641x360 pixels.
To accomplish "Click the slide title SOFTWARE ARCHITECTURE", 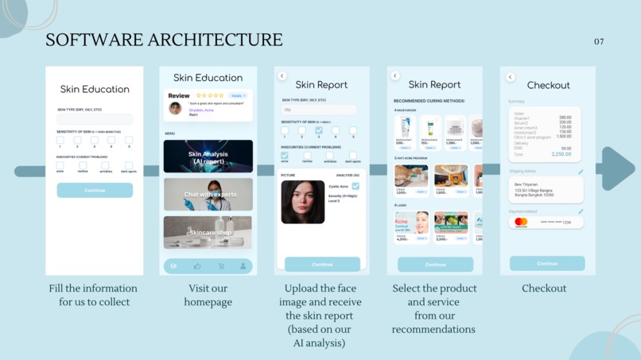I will (164, 40).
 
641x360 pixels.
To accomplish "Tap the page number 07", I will (599, 41).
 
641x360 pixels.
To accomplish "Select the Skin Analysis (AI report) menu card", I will (208, 157).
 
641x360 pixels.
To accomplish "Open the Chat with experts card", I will (208, 194).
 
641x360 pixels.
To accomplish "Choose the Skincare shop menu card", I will (208, 232).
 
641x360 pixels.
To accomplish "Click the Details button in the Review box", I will (239, 95).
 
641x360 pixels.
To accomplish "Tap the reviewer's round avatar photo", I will (175, 108).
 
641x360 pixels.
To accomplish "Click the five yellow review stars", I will (211, 95).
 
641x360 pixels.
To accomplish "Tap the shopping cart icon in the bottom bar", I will (221, 266).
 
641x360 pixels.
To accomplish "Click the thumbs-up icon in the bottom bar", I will (197, 266).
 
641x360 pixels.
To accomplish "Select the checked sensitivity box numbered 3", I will (319, 130).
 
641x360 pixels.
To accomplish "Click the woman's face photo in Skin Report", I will (303, 201).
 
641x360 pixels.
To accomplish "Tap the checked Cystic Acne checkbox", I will (355, 186).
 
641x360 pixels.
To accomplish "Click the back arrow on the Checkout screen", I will (511, 77).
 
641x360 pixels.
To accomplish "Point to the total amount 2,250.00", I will (561, 154).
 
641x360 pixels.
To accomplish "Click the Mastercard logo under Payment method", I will (521, 223).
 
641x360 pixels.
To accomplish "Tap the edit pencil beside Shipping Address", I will (581, 172).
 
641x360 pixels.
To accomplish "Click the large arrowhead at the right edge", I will (616, 168).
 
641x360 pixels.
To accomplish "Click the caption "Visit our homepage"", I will (208, 295).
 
